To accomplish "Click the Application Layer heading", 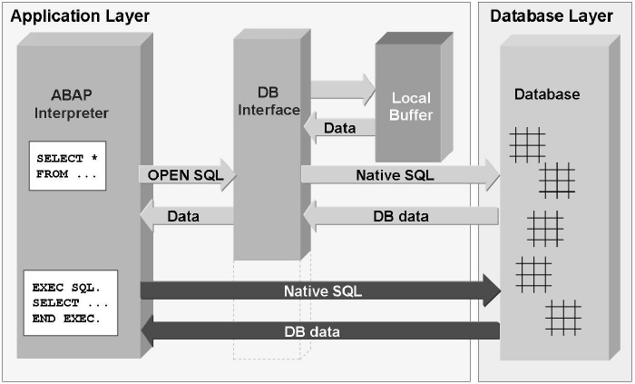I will click(80, 16).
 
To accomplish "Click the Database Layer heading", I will click(552, 16).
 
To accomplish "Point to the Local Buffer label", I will click(412, 106).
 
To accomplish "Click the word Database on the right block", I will click(547, 94).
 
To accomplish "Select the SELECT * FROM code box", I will click(69, 166).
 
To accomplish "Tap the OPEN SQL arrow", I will click(187, 174).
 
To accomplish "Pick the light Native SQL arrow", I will click(399, 174).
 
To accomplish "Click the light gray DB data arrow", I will click(399, 216).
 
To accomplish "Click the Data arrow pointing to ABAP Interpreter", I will click(187, 216).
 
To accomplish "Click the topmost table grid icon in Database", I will click(527, 144).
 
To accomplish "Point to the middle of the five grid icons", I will click(544, 228).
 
